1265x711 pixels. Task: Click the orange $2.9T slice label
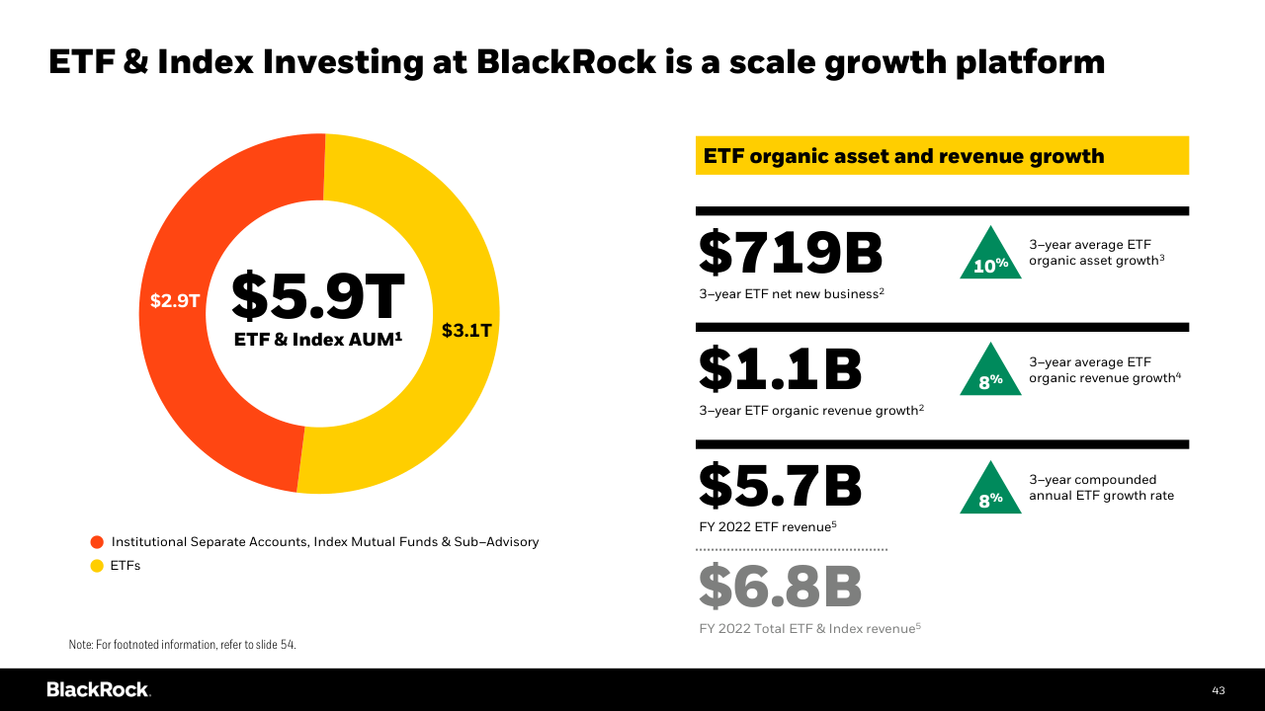pos(175,301)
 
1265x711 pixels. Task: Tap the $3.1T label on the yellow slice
pos(466,330)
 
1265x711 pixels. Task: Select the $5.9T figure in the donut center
pos(318,295)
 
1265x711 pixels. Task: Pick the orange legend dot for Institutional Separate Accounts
pos(97,542)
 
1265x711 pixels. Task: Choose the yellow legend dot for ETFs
pos(97,566)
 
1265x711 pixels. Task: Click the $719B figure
pos(791,253)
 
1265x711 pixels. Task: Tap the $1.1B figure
pos(781,370)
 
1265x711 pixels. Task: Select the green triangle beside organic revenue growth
pos(990,373)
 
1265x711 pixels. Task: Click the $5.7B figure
pos(781,487)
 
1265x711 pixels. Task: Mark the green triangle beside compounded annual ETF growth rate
pos(990,492)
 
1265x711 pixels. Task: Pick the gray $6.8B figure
pos(781,587)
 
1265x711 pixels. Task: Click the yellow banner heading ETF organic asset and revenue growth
pos(942,156)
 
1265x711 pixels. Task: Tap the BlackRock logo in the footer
pos(98,689)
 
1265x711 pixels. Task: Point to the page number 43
pos(1218,690)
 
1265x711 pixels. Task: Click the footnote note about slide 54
pos(182,645)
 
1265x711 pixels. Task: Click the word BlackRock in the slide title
pos(565,62)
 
